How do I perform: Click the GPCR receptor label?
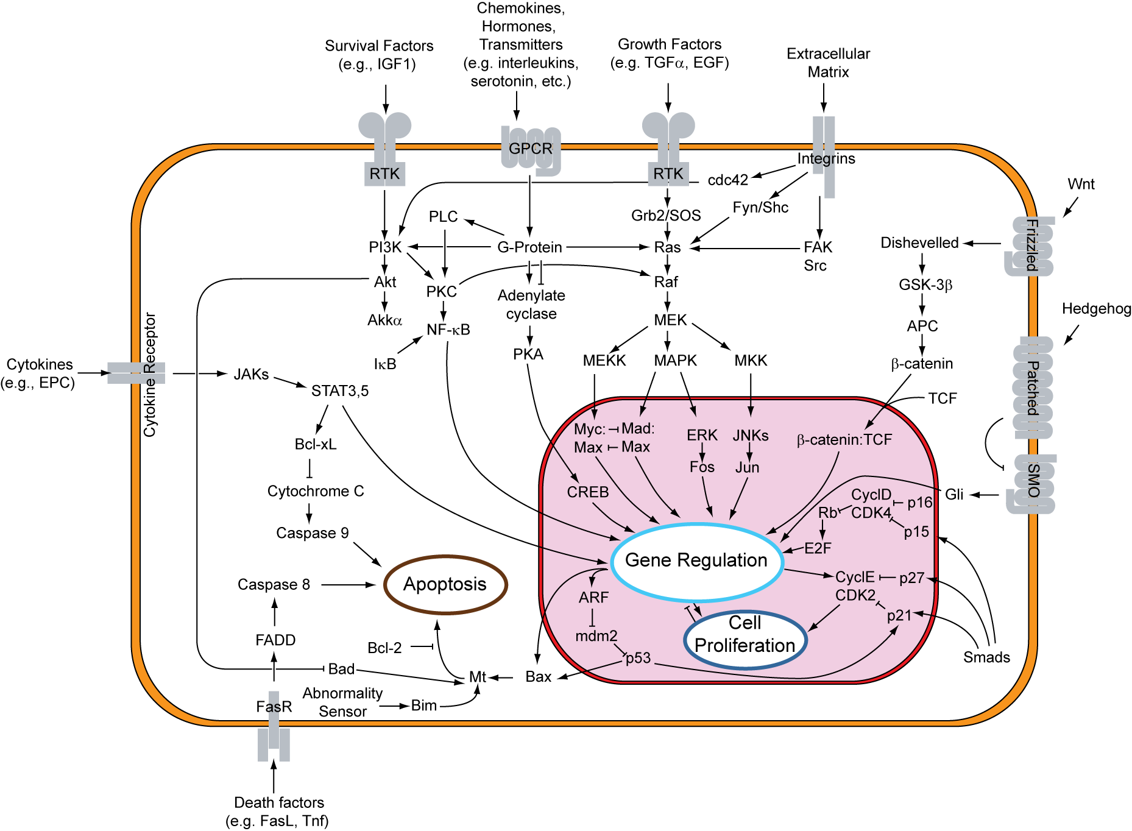[x=530, y=149]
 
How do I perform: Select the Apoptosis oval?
[x=445, y=584]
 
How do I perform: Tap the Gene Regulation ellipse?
[x=696, y=560]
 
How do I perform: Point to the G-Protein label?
[x=529, y=247]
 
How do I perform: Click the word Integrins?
[x=826, y=159]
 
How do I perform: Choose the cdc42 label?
[x=727, y=180]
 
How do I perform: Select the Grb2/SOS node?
[x=666, y=216]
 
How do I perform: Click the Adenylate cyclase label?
[x=531, y=305]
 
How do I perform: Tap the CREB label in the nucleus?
[x=587, y=492]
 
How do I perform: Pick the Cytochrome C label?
[x=316, y=492]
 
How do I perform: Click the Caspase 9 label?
[x=313, y=534]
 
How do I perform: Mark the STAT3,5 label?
[x=340, y=391]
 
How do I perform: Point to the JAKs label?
[x=251, y=375]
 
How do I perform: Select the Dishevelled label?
[x=919, y=243]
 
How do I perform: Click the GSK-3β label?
[x=925, y=285]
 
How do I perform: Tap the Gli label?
[x=953, y=495]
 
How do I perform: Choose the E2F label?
[x=818, y=548]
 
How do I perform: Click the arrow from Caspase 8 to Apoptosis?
[x=348, y=585]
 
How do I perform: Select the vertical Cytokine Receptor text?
[x=150, y=375]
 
